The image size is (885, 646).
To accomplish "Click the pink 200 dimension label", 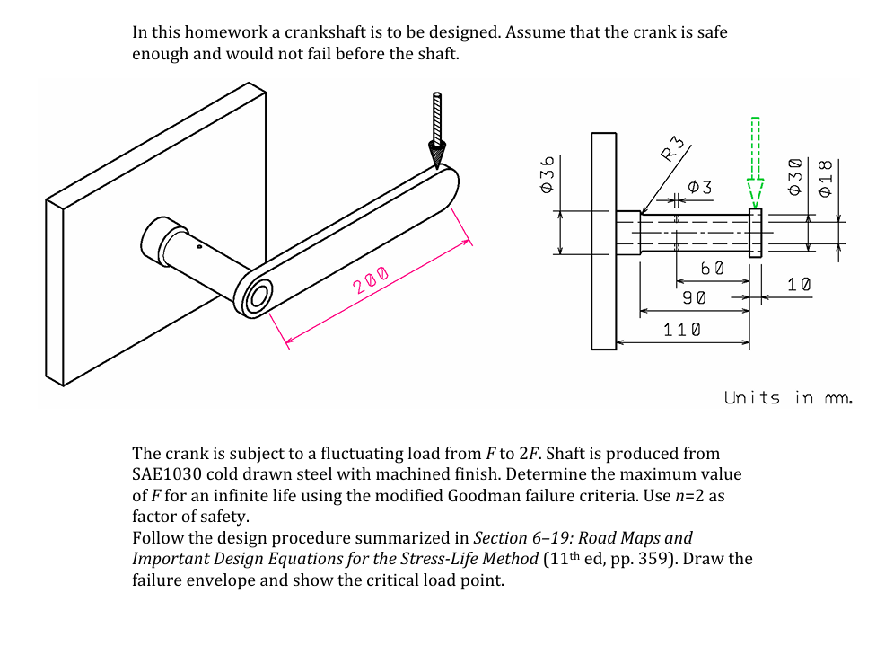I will pyautogui.click(x=371, y=280).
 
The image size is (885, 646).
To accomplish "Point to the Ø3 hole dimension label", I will pyautogui.click(x=699, y=187).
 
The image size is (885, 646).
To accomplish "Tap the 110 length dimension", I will pyautogui.click(x=682, y=330).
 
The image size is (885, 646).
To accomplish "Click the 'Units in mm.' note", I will pyautogui.click(x=787, y=397).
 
